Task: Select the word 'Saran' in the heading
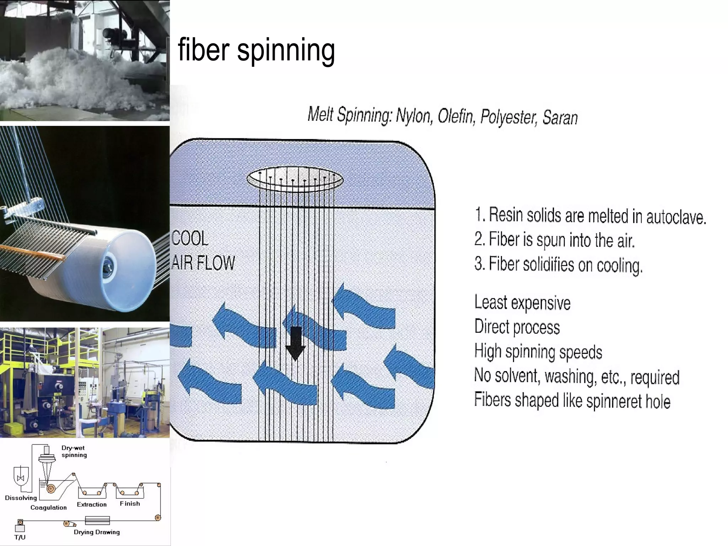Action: click(x=560, y=118)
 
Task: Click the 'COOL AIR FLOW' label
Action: click(x=203, y=251)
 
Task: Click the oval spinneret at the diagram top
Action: click(x=295, y=180)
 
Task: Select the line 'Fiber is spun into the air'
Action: click(x=555, y=240)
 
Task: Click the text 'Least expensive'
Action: click(x=523, y=303)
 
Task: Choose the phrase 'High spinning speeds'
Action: click(x=538, y=352)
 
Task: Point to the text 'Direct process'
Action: click(x=517, y=327)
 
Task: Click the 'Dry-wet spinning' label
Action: click(x=74, y=451)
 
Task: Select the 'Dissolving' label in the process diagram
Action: click(x=21, y=498)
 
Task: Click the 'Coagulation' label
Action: click(x=48, y=508)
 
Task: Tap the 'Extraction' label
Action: click(x=92, y=504)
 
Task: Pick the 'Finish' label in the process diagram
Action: click(x=130, y=504)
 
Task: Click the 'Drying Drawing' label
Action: click(x=97, y=532)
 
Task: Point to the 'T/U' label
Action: click(x=20, y=537)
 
